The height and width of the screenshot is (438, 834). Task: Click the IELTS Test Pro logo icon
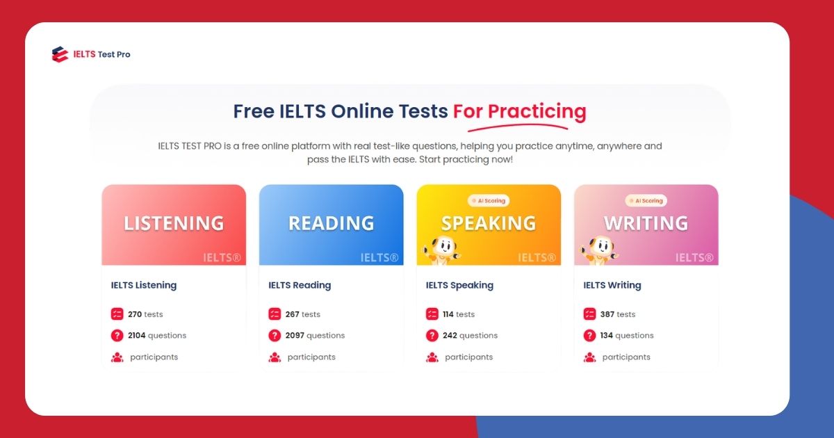[x=60, y=54]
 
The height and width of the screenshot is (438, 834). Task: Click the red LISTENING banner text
[x=174, y=223]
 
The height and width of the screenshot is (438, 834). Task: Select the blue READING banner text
[x=331, y=223]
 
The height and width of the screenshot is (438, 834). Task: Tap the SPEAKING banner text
[x=489, y=223]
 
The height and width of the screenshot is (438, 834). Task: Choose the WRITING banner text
[x=646, y=223]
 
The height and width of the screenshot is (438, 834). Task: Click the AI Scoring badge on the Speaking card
[x=489, y=201]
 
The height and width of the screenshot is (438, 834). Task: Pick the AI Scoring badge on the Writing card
[x=646, y=201]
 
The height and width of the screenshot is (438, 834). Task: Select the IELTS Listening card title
[x=144, y=285]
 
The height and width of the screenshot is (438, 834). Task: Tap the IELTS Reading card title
[x=300, y=285]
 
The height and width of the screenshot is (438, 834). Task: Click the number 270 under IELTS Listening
[x=135, y=314]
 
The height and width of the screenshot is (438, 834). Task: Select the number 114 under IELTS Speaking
[x=450, y=314]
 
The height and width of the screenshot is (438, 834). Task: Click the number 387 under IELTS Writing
[x=607, y=314]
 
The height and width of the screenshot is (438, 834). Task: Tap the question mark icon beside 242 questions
[x=432, y=336]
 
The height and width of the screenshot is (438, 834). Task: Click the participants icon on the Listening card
[x=117, y=357]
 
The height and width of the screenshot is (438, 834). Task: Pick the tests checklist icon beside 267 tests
[x=275, y=314]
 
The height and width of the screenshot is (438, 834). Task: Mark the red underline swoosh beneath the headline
[x=518, y=127]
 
